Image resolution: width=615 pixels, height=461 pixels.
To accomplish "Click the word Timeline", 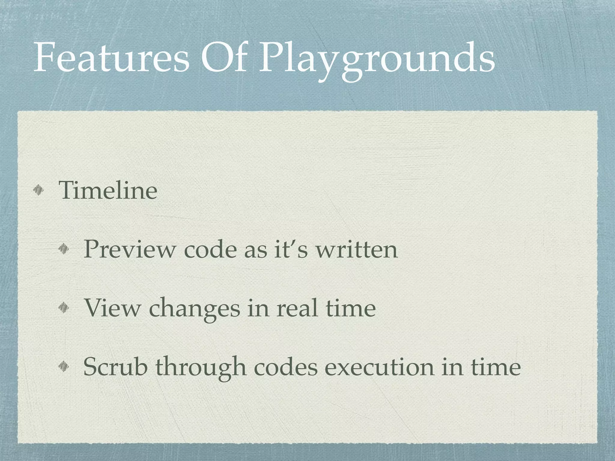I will pyautogui.click(x=108, y=190).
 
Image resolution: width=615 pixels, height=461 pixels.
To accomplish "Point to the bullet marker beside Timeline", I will pyautogui.click(x=38, y=190).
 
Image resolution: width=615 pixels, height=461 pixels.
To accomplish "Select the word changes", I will pyautogui.click(x=194, y=309).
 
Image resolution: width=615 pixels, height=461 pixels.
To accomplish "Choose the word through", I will pyautogui.click(x=201, y=367).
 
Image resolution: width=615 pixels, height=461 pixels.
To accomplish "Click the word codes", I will pyautogui.click(x=286, y=367).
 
